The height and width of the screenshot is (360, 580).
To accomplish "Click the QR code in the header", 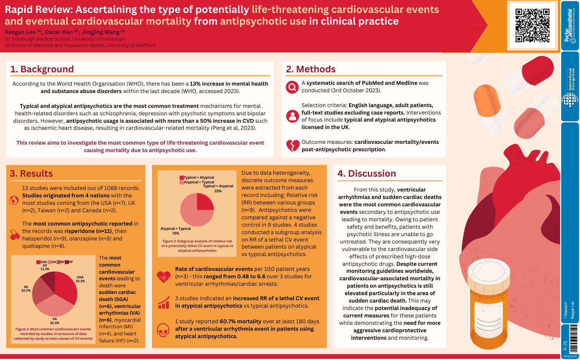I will click(x=532, y=25).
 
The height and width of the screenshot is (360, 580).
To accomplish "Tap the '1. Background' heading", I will click(x=42, y=69).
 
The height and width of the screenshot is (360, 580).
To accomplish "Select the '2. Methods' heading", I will click(x=311, y=69).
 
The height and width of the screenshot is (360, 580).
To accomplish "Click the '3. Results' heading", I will click(x=31, y=174).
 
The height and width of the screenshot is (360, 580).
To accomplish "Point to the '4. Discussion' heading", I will click(x=367, y=174).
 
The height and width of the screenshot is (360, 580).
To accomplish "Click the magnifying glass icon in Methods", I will click(x=292, y=87).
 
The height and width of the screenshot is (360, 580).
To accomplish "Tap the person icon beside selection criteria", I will click(x=292, y=116).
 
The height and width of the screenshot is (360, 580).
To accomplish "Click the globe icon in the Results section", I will click(x=14, y=200).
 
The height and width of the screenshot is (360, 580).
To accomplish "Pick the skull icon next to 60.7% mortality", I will click(x=163, y=330).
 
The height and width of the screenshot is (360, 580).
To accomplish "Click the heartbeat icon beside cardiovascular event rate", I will click(x=163, y=276).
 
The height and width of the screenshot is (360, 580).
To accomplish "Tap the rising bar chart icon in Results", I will click(x=163, y=302).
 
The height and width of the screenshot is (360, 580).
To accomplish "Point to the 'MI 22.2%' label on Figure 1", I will click(x=26, y=288).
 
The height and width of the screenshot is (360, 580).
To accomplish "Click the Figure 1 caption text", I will click(x=53, y=334).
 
